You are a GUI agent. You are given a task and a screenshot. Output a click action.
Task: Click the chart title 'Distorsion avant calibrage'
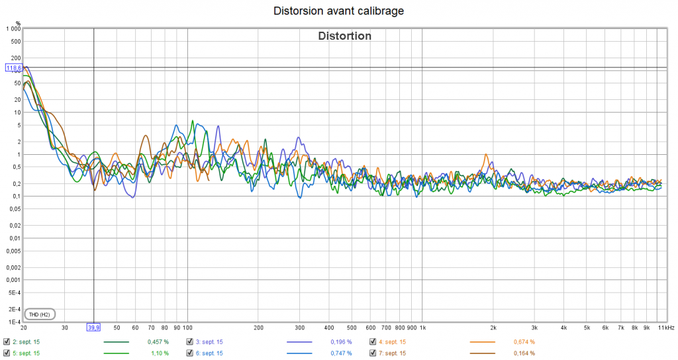coord(338,11)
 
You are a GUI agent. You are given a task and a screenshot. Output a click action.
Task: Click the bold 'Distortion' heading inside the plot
coord(345,36)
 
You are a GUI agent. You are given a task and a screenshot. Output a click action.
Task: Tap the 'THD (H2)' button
coord(40,314)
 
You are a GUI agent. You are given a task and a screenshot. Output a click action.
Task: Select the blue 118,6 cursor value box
coord(14,67)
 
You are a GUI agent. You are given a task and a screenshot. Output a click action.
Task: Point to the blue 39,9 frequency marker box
coord(93,327)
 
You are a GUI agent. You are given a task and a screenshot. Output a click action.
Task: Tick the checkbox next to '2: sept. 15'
coord(7,342)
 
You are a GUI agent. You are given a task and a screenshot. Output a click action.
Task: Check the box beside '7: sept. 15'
coord(373,353)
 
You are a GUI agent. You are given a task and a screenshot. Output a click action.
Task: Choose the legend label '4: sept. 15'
coord(393,342)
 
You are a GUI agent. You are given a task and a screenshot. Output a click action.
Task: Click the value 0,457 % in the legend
coord(158,342)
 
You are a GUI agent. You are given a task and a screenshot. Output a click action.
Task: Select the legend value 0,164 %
coord(524,353)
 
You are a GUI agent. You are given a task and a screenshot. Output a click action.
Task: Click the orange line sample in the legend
coord(482,342)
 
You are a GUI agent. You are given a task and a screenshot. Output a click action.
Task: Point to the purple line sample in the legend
coord(299,342)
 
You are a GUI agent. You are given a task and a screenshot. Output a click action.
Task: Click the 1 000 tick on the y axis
coord(13,28)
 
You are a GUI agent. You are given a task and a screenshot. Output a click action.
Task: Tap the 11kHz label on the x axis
coord(666,327)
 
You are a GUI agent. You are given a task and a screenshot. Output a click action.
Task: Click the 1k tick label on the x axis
coord(422,327)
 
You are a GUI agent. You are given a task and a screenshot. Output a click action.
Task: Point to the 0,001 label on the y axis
coord(13,280)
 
